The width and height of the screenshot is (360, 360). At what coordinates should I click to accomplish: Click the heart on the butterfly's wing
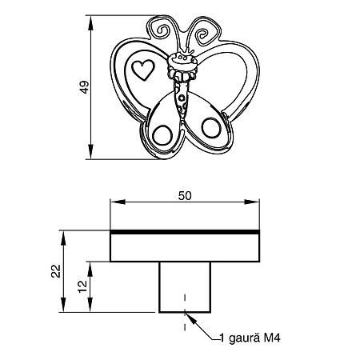tap(143, 70)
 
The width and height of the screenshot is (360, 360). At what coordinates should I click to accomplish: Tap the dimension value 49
tap(84, 87)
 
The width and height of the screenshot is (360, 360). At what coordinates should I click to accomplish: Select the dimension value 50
tap(185, 196)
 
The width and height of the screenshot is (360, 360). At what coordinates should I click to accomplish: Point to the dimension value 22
tap(56, 271)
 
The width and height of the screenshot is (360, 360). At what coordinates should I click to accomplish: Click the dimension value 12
tap(82, 286)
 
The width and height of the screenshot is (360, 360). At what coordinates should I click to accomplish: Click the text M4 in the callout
tap(272, 338)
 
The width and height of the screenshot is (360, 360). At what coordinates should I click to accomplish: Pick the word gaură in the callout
tap(244, 338)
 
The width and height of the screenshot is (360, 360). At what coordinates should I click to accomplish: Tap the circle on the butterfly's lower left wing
tap(162, 135)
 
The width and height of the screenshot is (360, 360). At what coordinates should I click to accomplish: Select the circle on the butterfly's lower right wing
tap(211, 127)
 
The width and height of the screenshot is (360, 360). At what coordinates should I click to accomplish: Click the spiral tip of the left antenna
tap(162, 31)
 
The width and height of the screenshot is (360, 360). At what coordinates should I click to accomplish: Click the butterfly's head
tap(182, 62)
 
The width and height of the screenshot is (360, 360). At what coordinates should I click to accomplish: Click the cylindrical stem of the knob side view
tap(185, 287)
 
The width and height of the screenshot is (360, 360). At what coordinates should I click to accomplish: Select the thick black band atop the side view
tap(185, 232)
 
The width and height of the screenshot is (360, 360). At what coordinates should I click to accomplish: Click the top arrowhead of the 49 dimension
tap(91, 22)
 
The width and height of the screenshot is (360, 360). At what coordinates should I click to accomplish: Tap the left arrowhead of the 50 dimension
tap(118, 202)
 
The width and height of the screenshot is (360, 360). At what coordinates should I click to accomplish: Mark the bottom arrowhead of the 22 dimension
tap(63, 305)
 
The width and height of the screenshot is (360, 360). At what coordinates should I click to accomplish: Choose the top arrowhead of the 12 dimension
tap(90, 269)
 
